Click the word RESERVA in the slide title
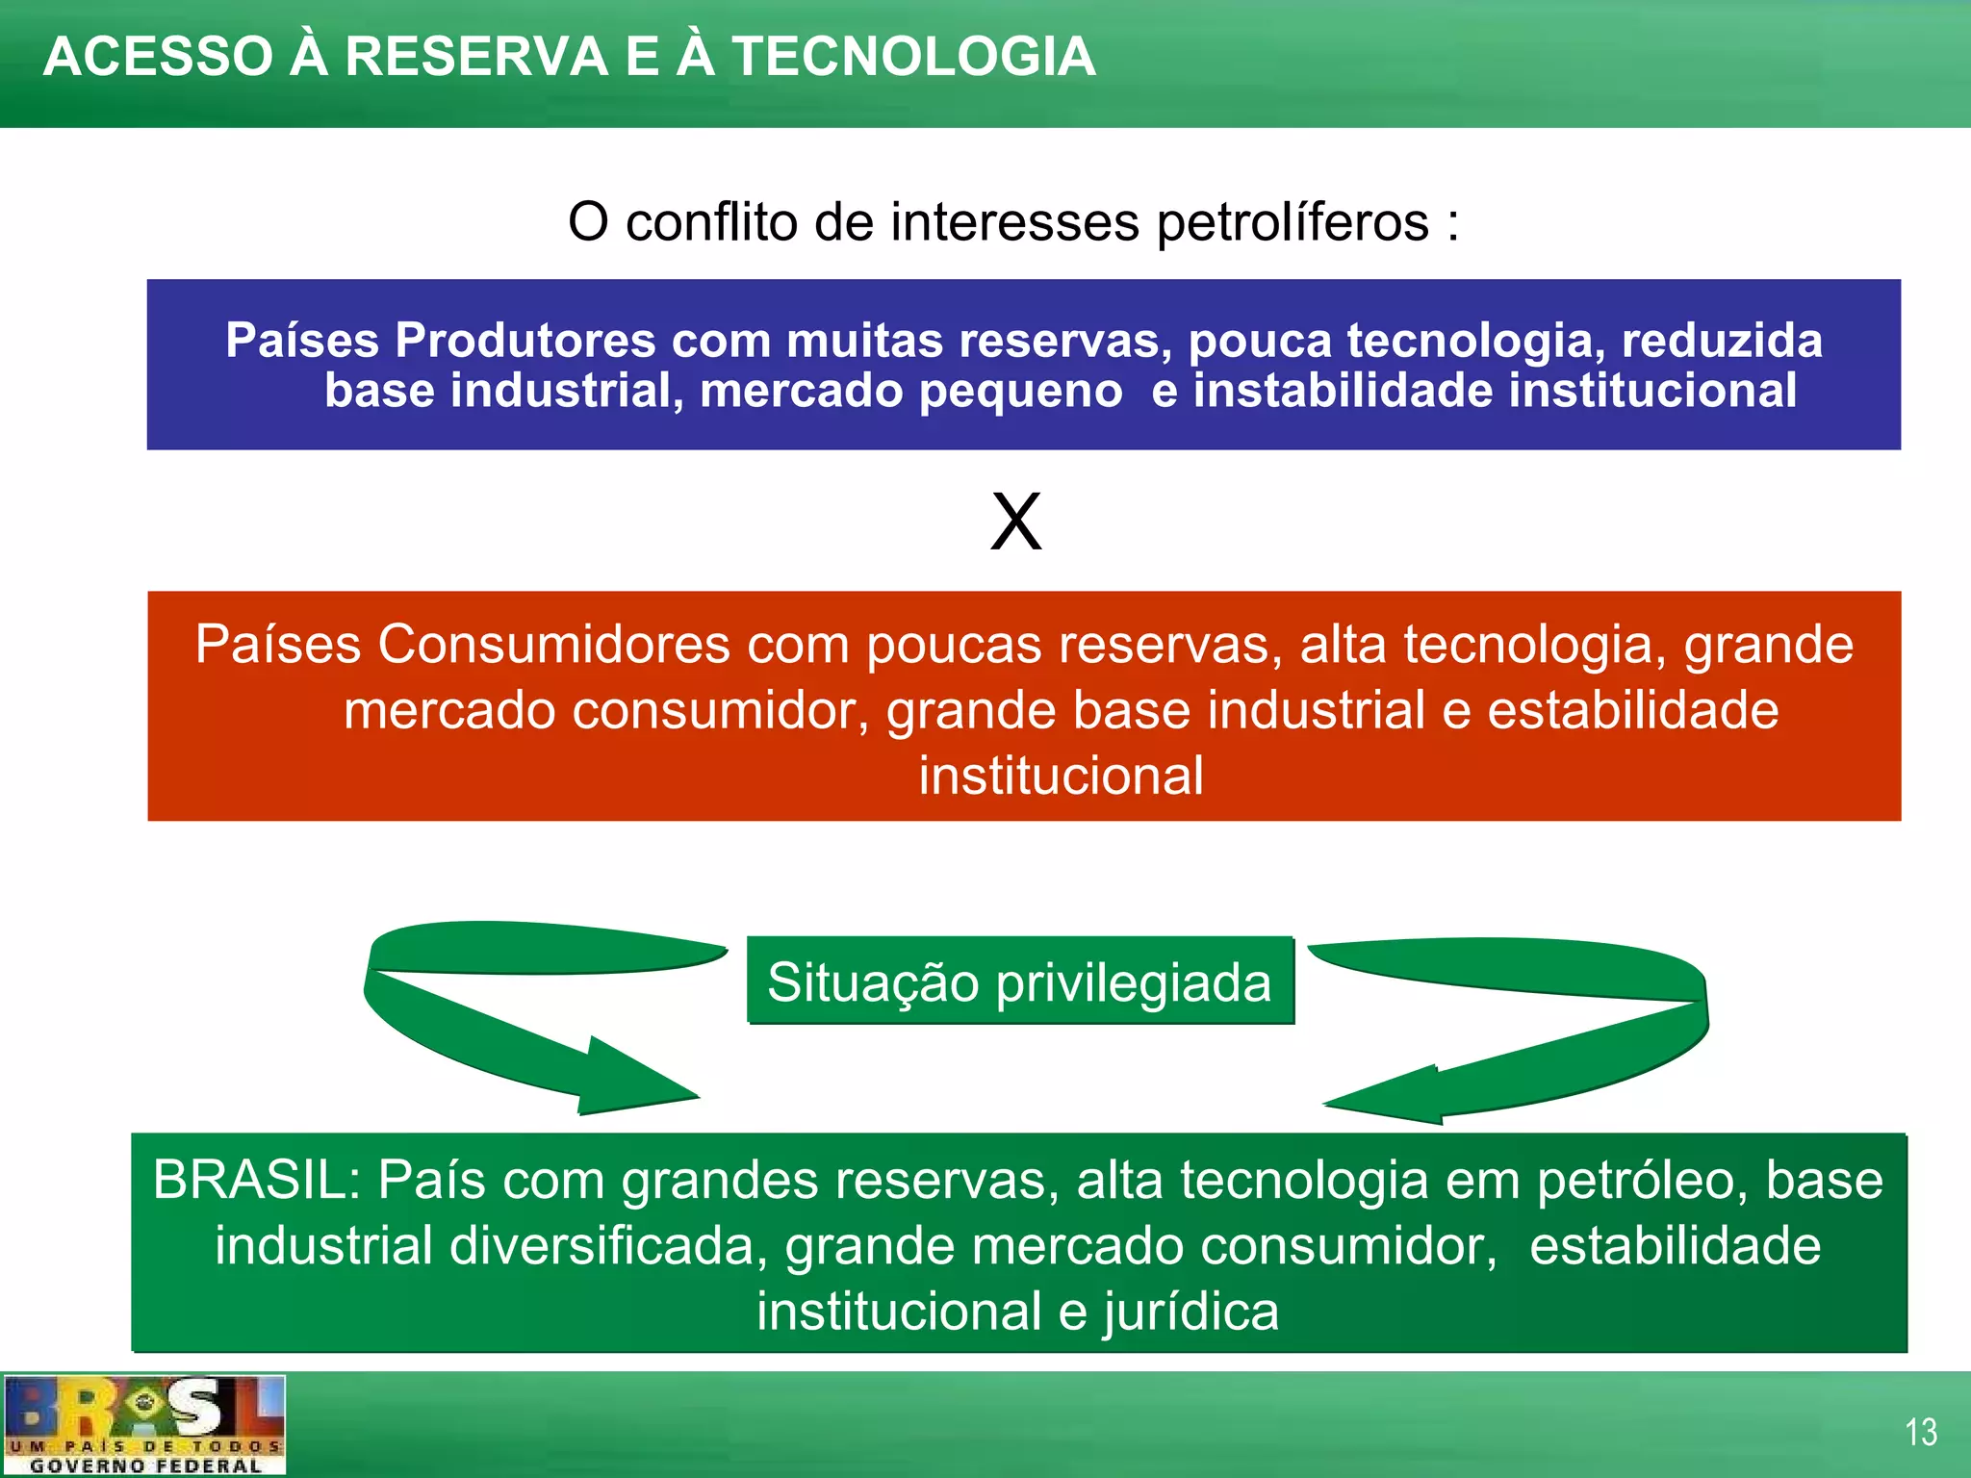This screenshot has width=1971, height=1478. click(475, 57)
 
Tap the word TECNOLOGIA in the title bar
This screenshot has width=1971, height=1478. click(913, 57)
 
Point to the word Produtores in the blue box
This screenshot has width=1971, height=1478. click(525, 341)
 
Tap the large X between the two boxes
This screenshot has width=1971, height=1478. click(1016, 522)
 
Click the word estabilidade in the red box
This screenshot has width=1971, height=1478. click(1632, 711)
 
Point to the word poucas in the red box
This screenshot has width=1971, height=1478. click(954, 646)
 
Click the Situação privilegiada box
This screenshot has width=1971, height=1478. click(1020, 981)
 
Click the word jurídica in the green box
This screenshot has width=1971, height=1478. click(1191, 1312)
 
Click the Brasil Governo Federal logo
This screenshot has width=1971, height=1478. click(144, 1425)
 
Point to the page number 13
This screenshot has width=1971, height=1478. click(1921, 1432)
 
